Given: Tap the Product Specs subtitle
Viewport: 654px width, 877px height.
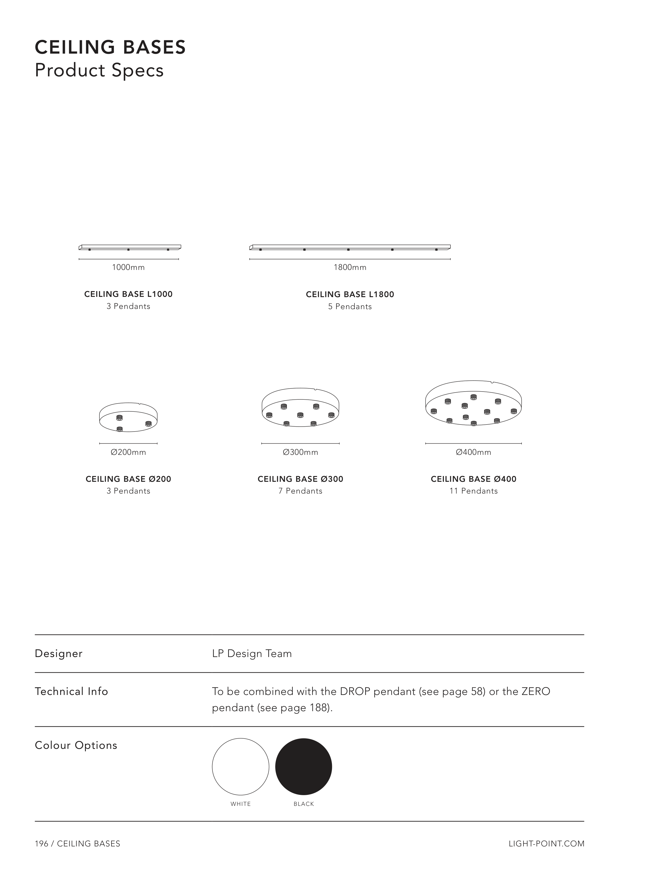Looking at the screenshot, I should point(99,70).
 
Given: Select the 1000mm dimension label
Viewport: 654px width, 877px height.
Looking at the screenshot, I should point(128,268).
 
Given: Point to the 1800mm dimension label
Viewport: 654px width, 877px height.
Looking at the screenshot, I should point(350,268).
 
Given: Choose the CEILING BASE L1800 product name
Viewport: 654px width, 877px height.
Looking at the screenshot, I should point(350,295).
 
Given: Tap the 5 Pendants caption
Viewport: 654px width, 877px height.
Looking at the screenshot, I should point(350,307).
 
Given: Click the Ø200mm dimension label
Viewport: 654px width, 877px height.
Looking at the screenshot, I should point(128,452).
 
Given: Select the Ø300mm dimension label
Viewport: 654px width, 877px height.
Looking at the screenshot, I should point(301,452).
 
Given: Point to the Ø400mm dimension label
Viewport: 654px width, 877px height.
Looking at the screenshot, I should point(473,452).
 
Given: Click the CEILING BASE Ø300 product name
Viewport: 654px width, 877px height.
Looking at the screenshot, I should point(301,479).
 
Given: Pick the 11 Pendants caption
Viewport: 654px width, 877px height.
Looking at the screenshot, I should point(473,491).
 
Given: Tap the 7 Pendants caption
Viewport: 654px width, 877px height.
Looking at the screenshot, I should point(301,491).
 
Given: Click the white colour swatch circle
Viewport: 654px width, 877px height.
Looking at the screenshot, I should point(241,767).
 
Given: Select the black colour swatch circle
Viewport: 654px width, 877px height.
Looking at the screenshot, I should point(304,767).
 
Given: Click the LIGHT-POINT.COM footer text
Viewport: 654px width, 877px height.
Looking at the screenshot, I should point(546,844).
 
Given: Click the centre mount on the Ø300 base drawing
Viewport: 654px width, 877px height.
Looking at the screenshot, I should point(301,415).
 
